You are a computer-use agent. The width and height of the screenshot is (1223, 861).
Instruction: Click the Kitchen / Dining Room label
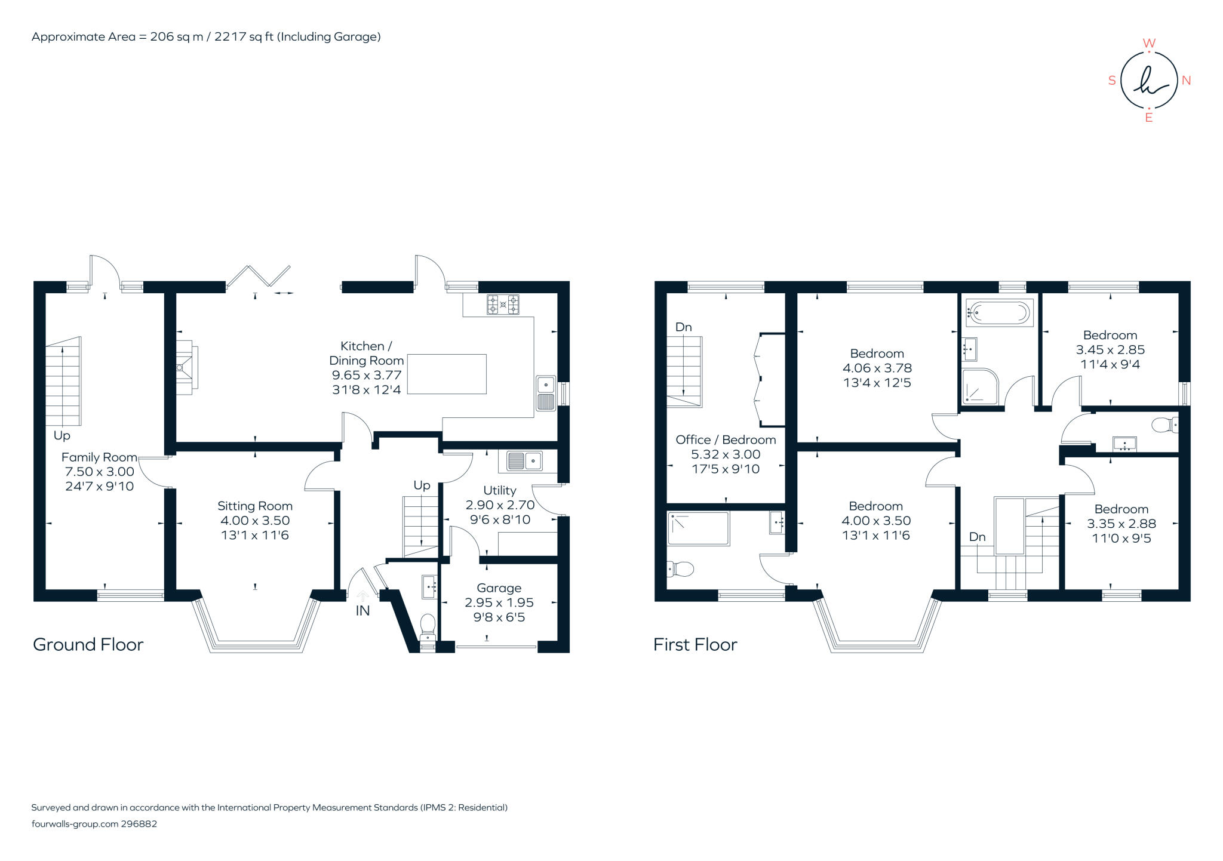click(x=366, y=353)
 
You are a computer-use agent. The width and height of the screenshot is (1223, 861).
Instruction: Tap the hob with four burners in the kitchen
click(x=503, y=305)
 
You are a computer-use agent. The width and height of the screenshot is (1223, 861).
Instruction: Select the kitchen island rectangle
click(x=447, y=374)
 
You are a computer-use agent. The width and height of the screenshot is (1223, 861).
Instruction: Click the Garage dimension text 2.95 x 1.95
click(x=499, y=602)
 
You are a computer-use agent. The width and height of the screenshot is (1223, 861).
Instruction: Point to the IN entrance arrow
click(x=362, y=596)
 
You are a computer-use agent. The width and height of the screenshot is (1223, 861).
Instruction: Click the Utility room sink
click(x=524, y=460)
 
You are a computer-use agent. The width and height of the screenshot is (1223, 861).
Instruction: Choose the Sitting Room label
click(x=255, y=506)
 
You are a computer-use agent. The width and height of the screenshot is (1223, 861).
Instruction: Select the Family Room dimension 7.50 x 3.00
click(x=100, y=472)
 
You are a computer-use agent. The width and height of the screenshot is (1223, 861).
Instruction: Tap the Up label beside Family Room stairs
click(x=62, y=435)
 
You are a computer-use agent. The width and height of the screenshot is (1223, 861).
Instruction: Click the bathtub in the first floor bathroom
click(x=999, y=312)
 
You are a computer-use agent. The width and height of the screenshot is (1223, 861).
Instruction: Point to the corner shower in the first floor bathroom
click(x=979, y=387)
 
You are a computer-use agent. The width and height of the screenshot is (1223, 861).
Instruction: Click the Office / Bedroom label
click(x=726, y=439)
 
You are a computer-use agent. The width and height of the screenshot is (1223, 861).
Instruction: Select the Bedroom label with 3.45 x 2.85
click(x=1110, y=335)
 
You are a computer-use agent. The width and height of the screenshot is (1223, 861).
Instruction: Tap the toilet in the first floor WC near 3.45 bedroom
click(x=1164, y=425)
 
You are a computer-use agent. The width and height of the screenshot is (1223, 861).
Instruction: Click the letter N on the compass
click(x=1186, y=80)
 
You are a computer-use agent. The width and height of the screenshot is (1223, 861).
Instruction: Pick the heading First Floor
click(x=695, y=644)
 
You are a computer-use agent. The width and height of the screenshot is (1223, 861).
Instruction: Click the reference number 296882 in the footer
click(x=139, y=823)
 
